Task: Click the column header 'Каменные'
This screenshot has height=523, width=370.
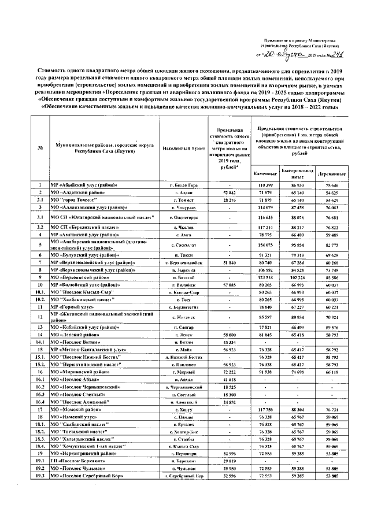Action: tap(266, 174)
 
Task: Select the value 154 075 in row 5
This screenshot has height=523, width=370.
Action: tap(266, 245)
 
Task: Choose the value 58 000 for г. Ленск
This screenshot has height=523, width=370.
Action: tap(230, 335)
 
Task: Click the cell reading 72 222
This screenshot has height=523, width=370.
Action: tap(230, 373)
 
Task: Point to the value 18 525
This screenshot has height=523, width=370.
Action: tap(230, 387)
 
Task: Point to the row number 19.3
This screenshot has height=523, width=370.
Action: tap(39, 476)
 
